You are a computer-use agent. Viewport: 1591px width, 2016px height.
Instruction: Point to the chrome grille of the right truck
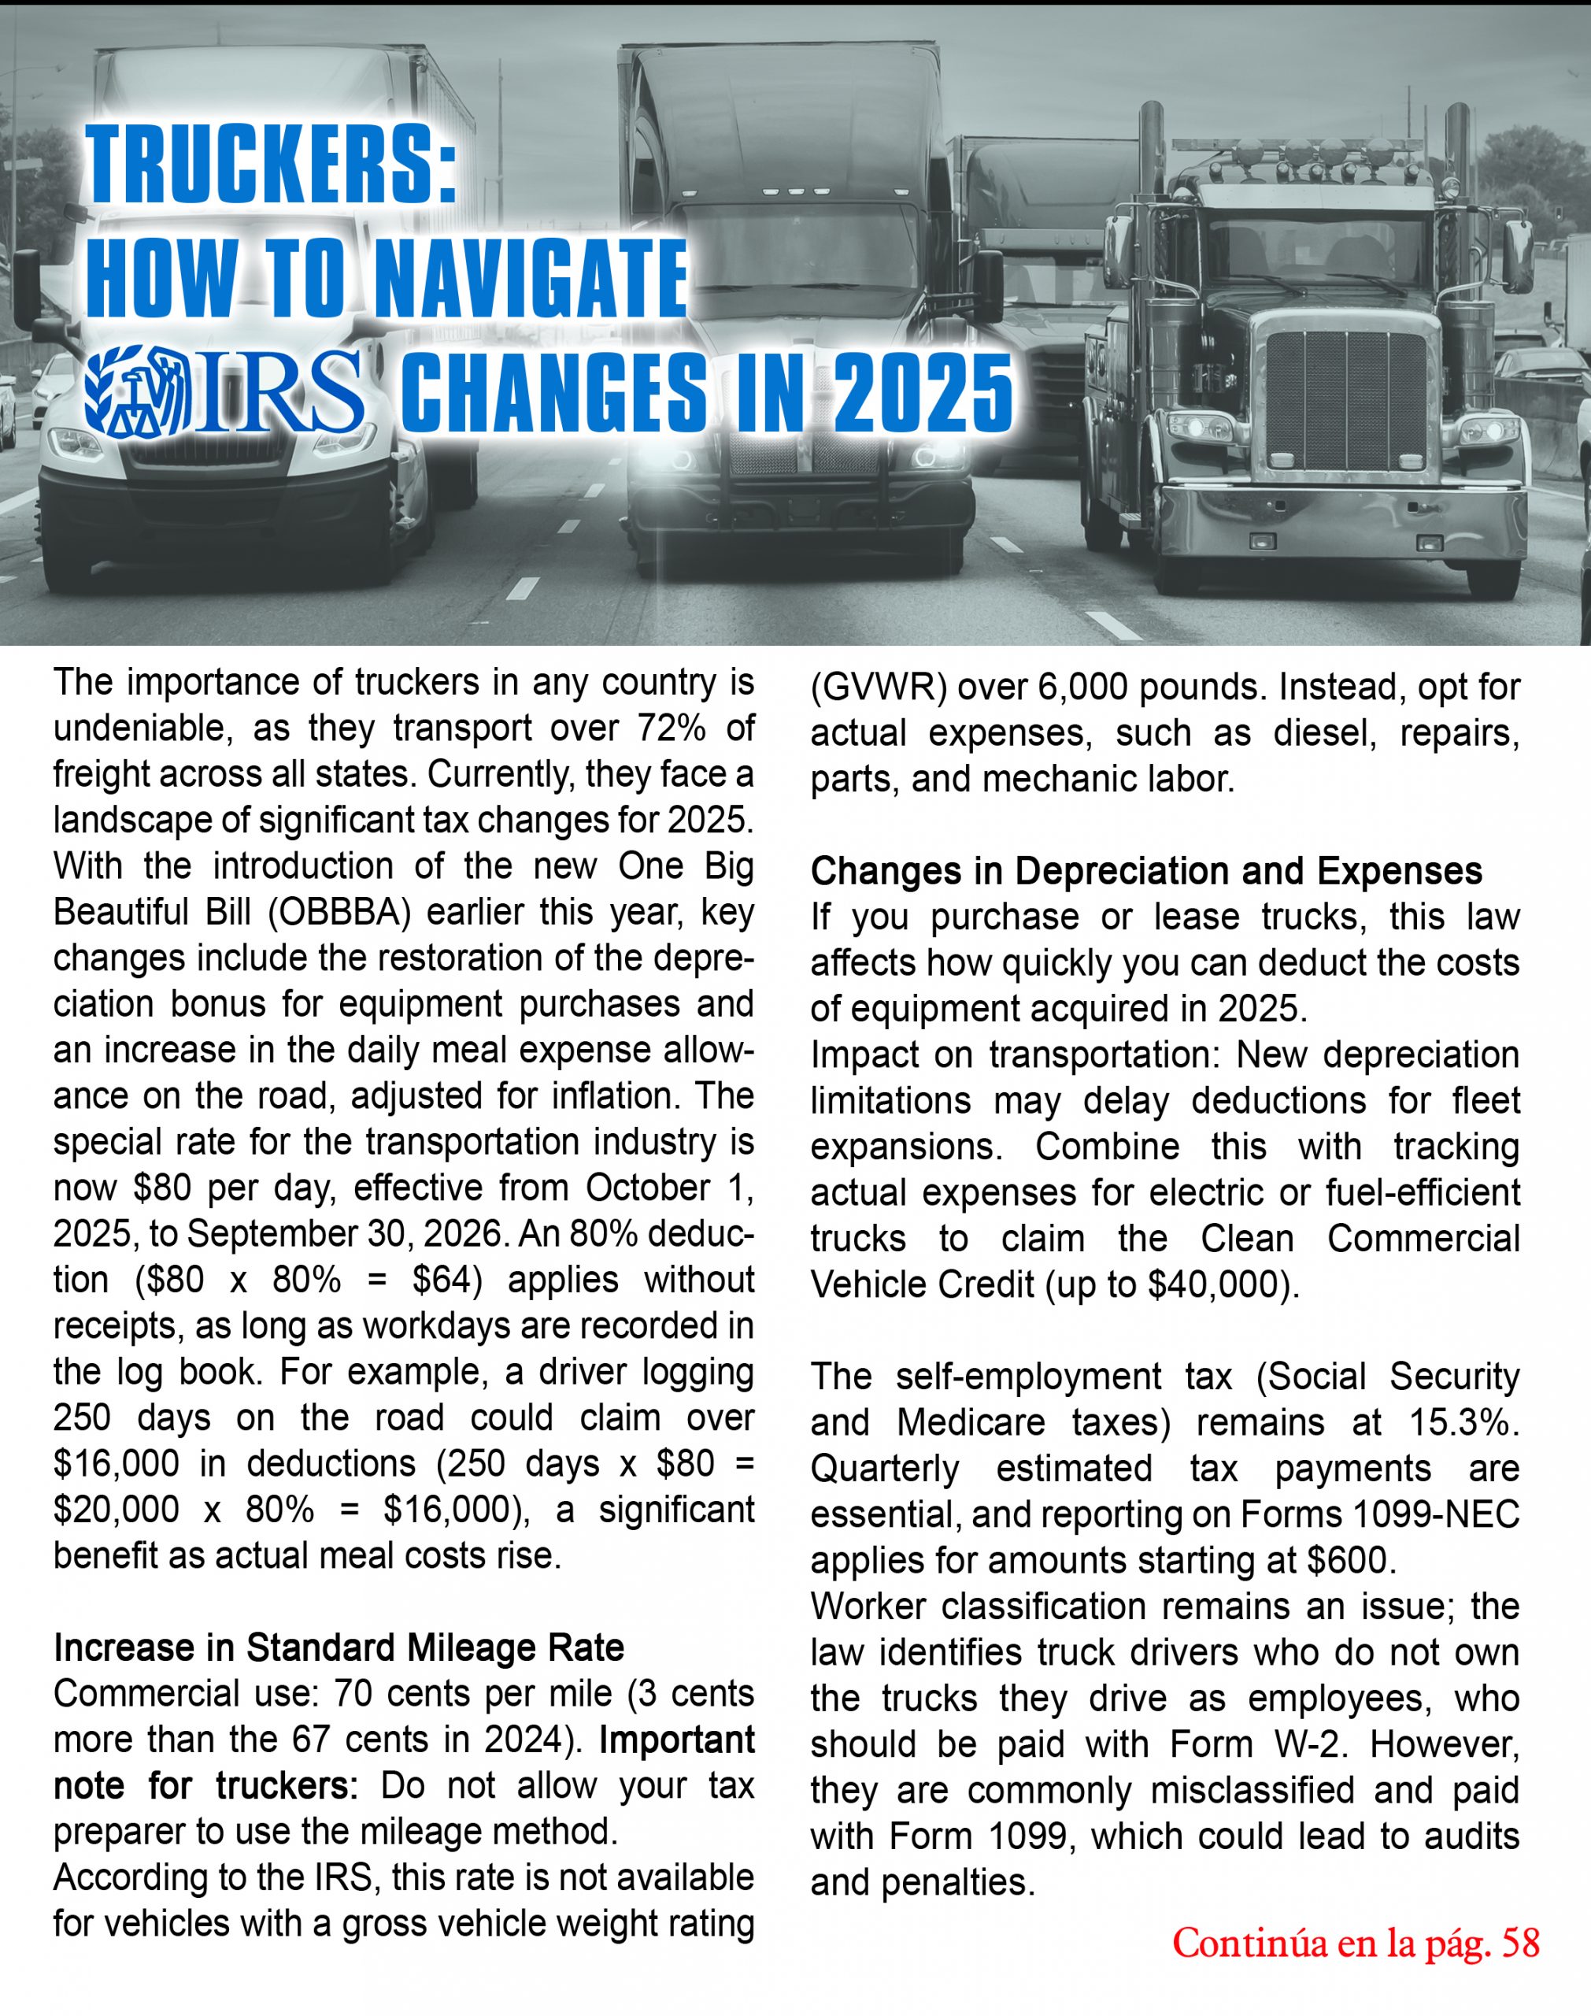coord(1346,401)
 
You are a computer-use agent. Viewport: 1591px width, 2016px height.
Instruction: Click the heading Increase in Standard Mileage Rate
coord(339,1648)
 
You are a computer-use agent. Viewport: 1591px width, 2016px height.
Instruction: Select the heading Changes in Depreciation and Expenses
coord(1145,871)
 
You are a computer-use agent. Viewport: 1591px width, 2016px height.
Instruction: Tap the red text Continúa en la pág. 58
coord(1356,1944)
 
